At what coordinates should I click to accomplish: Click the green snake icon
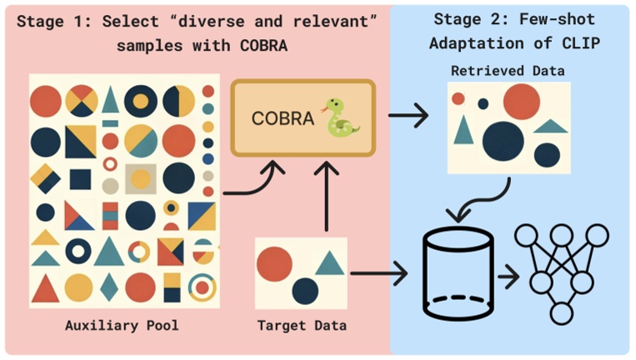click(343, 118)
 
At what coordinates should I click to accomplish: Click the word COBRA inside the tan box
click(283, 119)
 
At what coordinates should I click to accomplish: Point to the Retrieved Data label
click(508, 71)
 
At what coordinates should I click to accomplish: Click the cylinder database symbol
click(458, 272)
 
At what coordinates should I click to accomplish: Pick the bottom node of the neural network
click(560, 312)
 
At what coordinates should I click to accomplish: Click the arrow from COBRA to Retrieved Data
click(408, 117)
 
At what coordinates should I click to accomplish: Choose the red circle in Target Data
click(273, 264)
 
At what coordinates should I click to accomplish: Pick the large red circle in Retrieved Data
click(521, 102)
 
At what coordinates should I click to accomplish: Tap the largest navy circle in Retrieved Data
click(503, 139)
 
